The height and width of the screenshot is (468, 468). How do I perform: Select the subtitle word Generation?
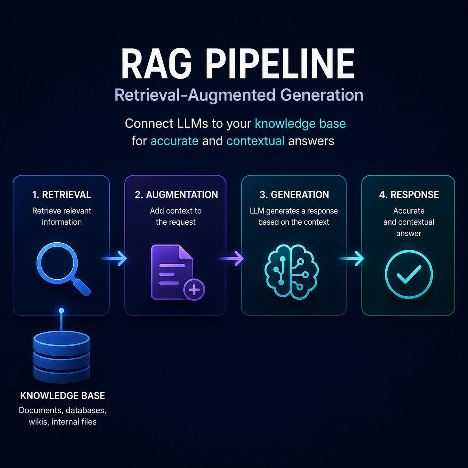[x=322, y=95]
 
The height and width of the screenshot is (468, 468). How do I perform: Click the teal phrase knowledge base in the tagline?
[x=300, y=124]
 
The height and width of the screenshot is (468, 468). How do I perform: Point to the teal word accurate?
[x=174, y=141]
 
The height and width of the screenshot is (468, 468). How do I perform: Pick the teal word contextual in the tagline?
[x=255, y=141]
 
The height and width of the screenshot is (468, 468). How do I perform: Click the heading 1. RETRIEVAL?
[x=62, y=195]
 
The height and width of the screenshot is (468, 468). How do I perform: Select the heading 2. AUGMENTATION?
[x=176, y=195]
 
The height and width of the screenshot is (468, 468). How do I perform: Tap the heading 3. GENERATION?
[x=294, y=195]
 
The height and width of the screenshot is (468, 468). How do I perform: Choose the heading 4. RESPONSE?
[x=409, y=195]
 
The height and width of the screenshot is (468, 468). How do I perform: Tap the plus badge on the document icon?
[x=194, y=290]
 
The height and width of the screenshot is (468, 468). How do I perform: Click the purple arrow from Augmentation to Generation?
[x=231, y=258]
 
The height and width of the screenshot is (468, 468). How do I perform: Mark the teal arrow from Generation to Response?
[x=351, y=258]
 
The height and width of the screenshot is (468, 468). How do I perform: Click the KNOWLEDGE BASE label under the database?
[x=63, y=396]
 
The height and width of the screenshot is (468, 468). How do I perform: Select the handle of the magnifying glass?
[x=82, y=287]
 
